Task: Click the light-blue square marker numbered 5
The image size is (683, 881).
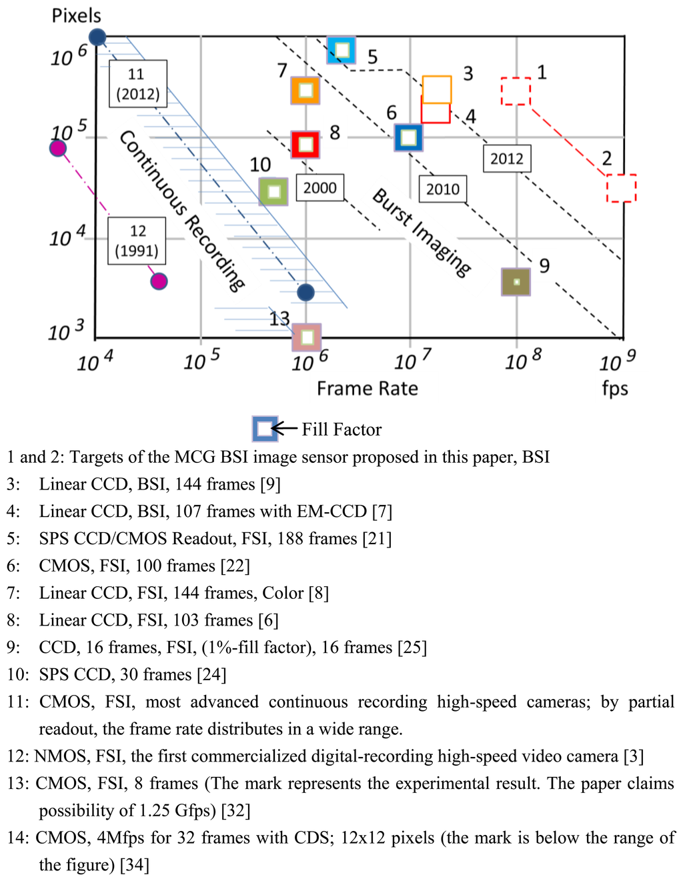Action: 341,50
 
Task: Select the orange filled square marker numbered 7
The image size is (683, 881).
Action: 305,90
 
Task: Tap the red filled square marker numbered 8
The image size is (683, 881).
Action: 305,144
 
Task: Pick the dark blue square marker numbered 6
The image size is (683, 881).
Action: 408,138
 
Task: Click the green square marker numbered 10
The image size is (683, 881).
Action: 273,192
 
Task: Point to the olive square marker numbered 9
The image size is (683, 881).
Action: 516,282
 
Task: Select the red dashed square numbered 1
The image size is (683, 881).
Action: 516,91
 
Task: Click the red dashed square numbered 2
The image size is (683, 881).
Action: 621,188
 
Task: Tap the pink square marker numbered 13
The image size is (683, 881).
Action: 307,337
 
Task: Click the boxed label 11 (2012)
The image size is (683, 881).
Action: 138,83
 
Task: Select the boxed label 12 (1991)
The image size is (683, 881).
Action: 137,241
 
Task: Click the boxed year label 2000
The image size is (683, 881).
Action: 320,188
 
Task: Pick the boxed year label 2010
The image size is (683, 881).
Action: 443,189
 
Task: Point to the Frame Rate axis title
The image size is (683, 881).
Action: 367,388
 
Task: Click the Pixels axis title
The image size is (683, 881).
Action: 76,15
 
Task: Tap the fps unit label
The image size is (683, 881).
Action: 614,388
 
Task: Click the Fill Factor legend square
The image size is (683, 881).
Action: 264,429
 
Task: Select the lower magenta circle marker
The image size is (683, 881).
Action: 158,281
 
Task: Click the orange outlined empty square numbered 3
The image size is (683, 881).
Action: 437,89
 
